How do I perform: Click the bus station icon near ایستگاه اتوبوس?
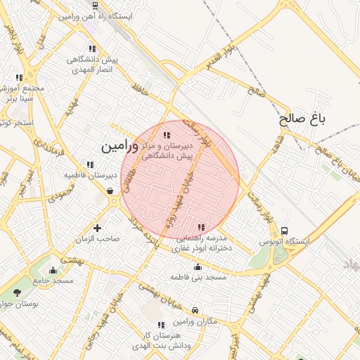[284, 231]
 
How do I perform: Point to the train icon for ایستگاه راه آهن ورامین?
[95, 5]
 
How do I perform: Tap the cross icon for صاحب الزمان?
[97, 228]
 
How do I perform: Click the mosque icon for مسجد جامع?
[53, 270]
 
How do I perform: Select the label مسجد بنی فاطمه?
[198, 278]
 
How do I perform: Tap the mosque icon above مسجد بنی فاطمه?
[198, 267]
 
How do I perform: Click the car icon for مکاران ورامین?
[195, 310]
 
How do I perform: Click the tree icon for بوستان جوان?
[17, 292]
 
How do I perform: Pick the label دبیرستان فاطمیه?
[90, 174]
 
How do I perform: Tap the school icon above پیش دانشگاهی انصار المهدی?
[92, 49]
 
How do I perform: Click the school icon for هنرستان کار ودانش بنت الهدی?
[161, 326]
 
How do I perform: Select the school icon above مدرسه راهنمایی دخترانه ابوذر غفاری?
[202, 227]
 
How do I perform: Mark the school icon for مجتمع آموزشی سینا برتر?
[20, 77]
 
